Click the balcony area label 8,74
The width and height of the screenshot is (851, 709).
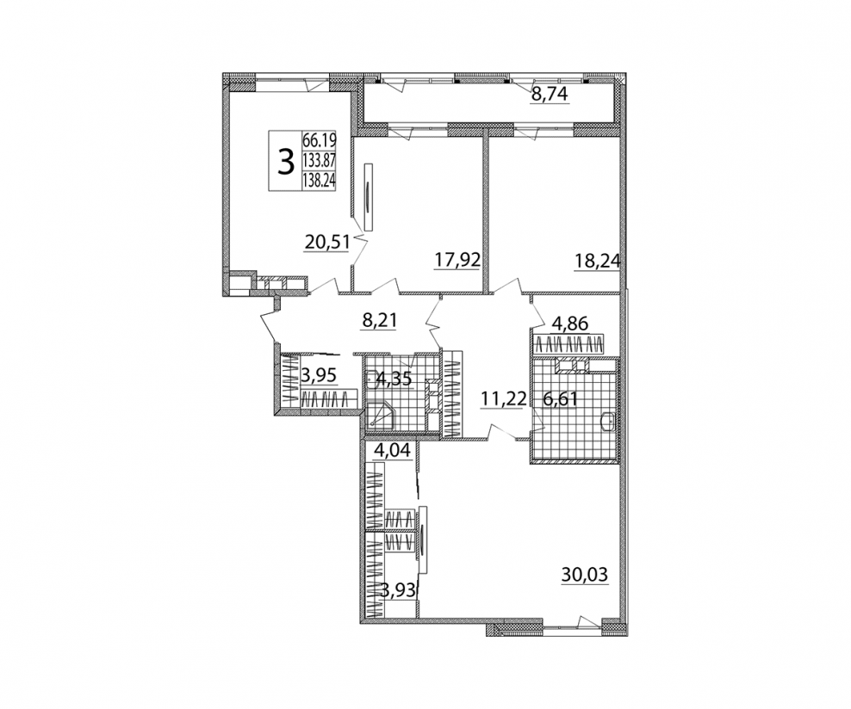[x=550, y=95]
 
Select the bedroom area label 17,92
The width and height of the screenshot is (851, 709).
[x=457, y=260]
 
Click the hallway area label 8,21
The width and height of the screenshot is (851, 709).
[x=379, y=320]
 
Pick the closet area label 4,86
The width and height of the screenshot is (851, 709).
[x=570, y=324]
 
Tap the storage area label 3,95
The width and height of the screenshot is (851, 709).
[x=319, y=374]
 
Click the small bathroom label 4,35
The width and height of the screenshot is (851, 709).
[x=394, y=379]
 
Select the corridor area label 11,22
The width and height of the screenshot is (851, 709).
[x=503, y=399]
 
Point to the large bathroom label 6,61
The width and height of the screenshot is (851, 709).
[x=560, y=399]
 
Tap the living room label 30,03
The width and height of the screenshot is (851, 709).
[x=585, y=575]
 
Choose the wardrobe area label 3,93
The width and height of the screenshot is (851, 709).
[x=398, y=590]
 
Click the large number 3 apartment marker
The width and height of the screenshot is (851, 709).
[x=285, y=163]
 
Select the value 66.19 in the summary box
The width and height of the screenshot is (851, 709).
[x=319, y=140]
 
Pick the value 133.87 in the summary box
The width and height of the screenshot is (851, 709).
[x=319, y=160]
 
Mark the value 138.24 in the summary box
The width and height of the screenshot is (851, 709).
[x=319, y=180]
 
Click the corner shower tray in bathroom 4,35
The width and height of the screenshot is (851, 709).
[x=381, y=416]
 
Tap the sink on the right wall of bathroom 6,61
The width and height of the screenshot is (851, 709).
[x=608, y=421]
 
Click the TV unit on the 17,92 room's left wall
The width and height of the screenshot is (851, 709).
[x=369, y=197]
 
